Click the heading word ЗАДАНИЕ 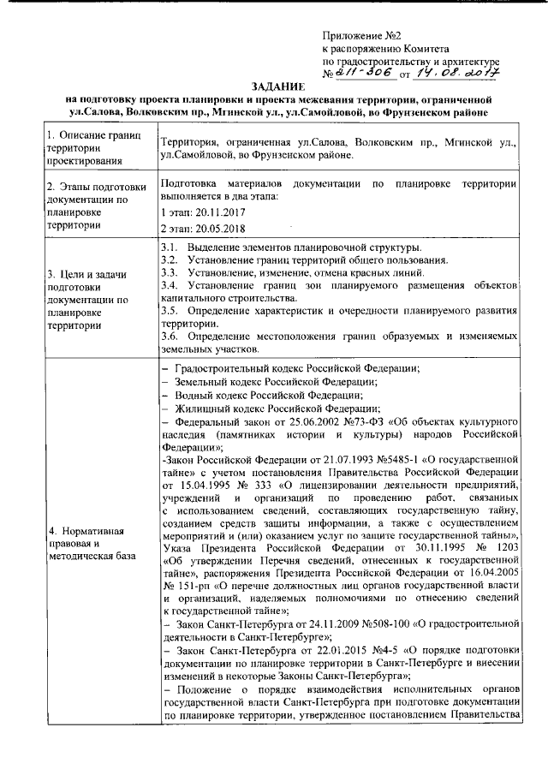click(274, 88)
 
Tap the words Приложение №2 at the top click(362, 35)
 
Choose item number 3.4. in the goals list click(170, 284)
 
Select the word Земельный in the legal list click(205, 381)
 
